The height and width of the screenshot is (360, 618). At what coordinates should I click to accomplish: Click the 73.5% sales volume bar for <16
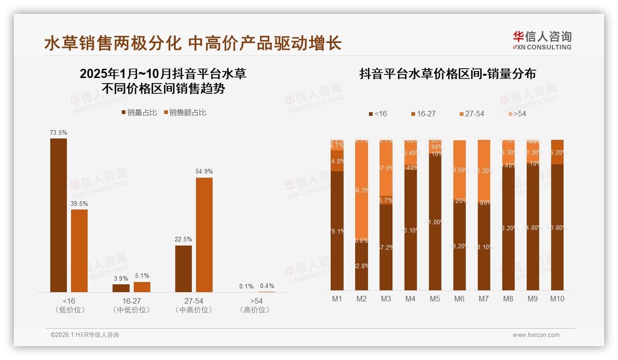(59, 215)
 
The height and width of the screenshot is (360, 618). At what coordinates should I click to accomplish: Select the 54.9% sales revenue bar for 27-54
(204, 234)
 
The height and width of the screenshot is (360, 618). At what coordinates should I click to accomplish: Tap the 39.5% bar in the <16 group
(79, 251)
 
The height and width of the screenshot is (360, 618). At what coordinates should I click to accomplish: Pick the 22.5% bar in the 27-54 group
(184, 269)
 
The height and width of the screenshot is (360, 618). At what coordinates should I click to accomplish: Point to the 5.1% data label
(142, 276)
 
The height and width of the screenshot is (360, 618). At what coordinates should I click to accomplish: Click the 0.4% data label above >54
(267, 286)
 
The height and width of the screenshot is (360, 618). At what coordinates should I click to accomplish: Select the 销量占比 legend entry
(139, 113)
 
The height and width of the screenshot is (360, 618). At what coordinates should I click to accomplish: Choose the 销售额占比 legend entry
(185, 113)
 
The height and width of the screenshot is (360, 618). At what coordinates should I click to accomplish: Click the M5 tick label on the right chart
(434, 299)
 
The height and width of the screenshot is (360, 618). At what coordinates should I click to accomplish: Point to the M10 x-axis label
(557, 299)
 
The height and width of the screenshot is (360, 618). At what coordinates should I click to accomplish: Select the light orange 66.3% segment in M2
(362, 190)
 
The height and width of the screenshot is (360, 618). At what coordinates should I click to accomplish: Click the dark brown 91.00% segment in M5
(434, 222)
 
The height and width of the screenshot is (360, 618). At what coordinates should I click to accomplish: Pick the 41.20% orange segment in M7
(484, 171)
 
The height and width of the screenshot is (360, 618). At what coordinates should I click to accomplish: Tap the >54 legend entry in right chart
(517, 114)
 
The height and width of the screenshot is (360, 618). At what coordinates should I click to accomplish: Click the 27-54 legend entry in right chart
(472, 114)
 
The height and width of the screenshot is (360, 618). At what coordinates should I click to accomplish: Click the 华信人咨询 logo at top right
(542, 40)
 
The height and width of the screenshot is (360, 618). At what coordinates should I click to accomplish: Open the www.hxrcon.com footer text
(536, 335)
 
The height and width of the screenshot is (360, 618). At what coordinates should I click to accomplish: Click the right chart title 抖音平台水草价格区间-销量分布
(447, 74)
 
